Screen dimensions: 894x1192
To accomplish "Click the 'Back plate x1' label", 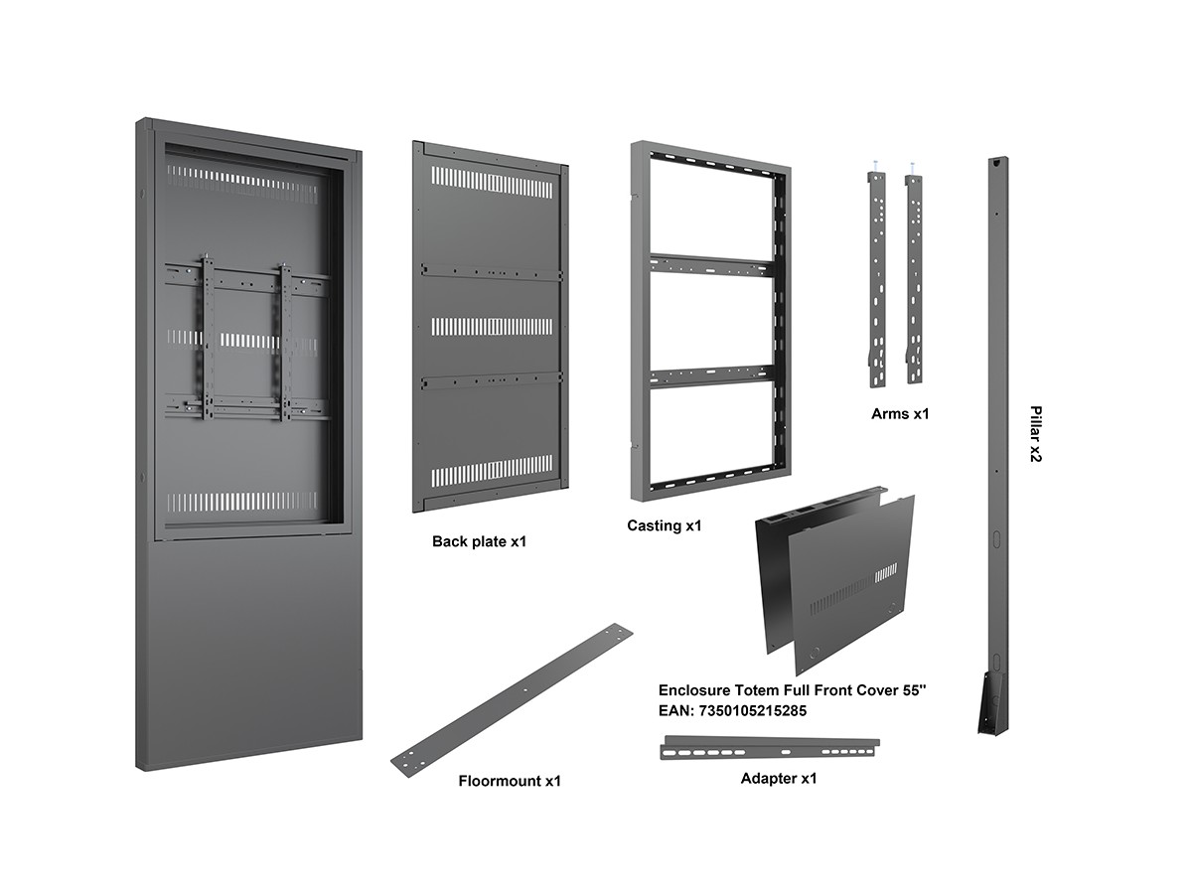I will (479, 541).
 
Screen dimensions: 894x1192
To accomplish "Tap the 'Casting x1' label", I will (664, 525).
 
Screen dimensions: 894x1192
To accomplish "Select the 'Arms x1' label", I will (900, 413).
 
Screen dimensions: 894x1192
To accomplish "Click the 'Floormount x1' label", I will (510, 781).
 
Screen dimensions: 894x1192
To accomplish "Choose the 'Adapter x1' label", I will (779, 778).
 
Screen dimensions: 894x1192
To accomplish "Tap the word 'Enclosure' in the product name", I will (692, 689).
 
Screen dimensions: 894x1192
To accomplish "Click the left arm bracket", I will (877, 278).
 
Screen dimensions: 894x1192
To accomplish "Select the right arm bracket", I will (913, 278).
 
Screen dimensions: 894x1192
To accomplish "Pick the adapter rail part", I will (770, 747).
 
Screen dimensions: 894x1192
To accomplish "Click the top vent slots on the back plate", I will (492, 183).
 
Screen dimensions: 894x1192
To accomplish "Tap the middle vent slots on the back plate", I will (492, 326).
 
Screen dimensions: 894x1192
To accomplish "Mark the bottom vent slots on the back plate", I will (492, 470).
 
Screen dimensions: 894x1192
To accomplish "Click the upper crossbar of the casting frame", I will (710, 264).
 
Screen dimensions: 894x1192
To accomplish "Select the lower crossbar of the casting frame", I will (710, 374).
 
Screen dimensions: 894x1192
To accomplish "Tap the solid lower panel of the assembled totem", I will (248, 646).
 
